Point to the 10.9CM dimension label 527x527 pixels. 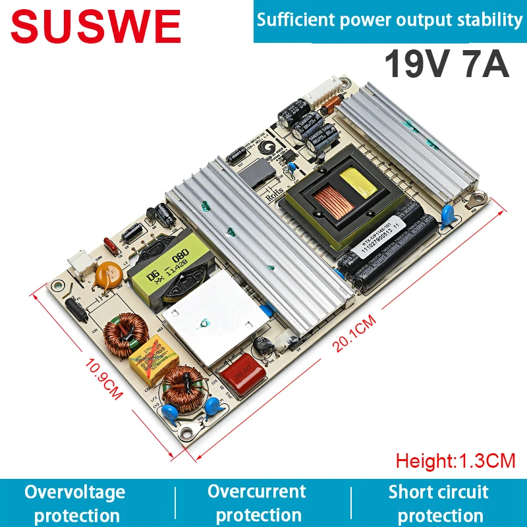(105, 379)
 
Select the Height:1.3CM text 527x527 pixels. (455, 460)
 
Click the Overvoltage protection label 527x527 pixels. (75, 503)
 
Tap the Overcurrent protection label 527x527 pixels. (258, 503)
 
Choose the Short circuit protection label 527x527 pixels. (439, 503)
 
